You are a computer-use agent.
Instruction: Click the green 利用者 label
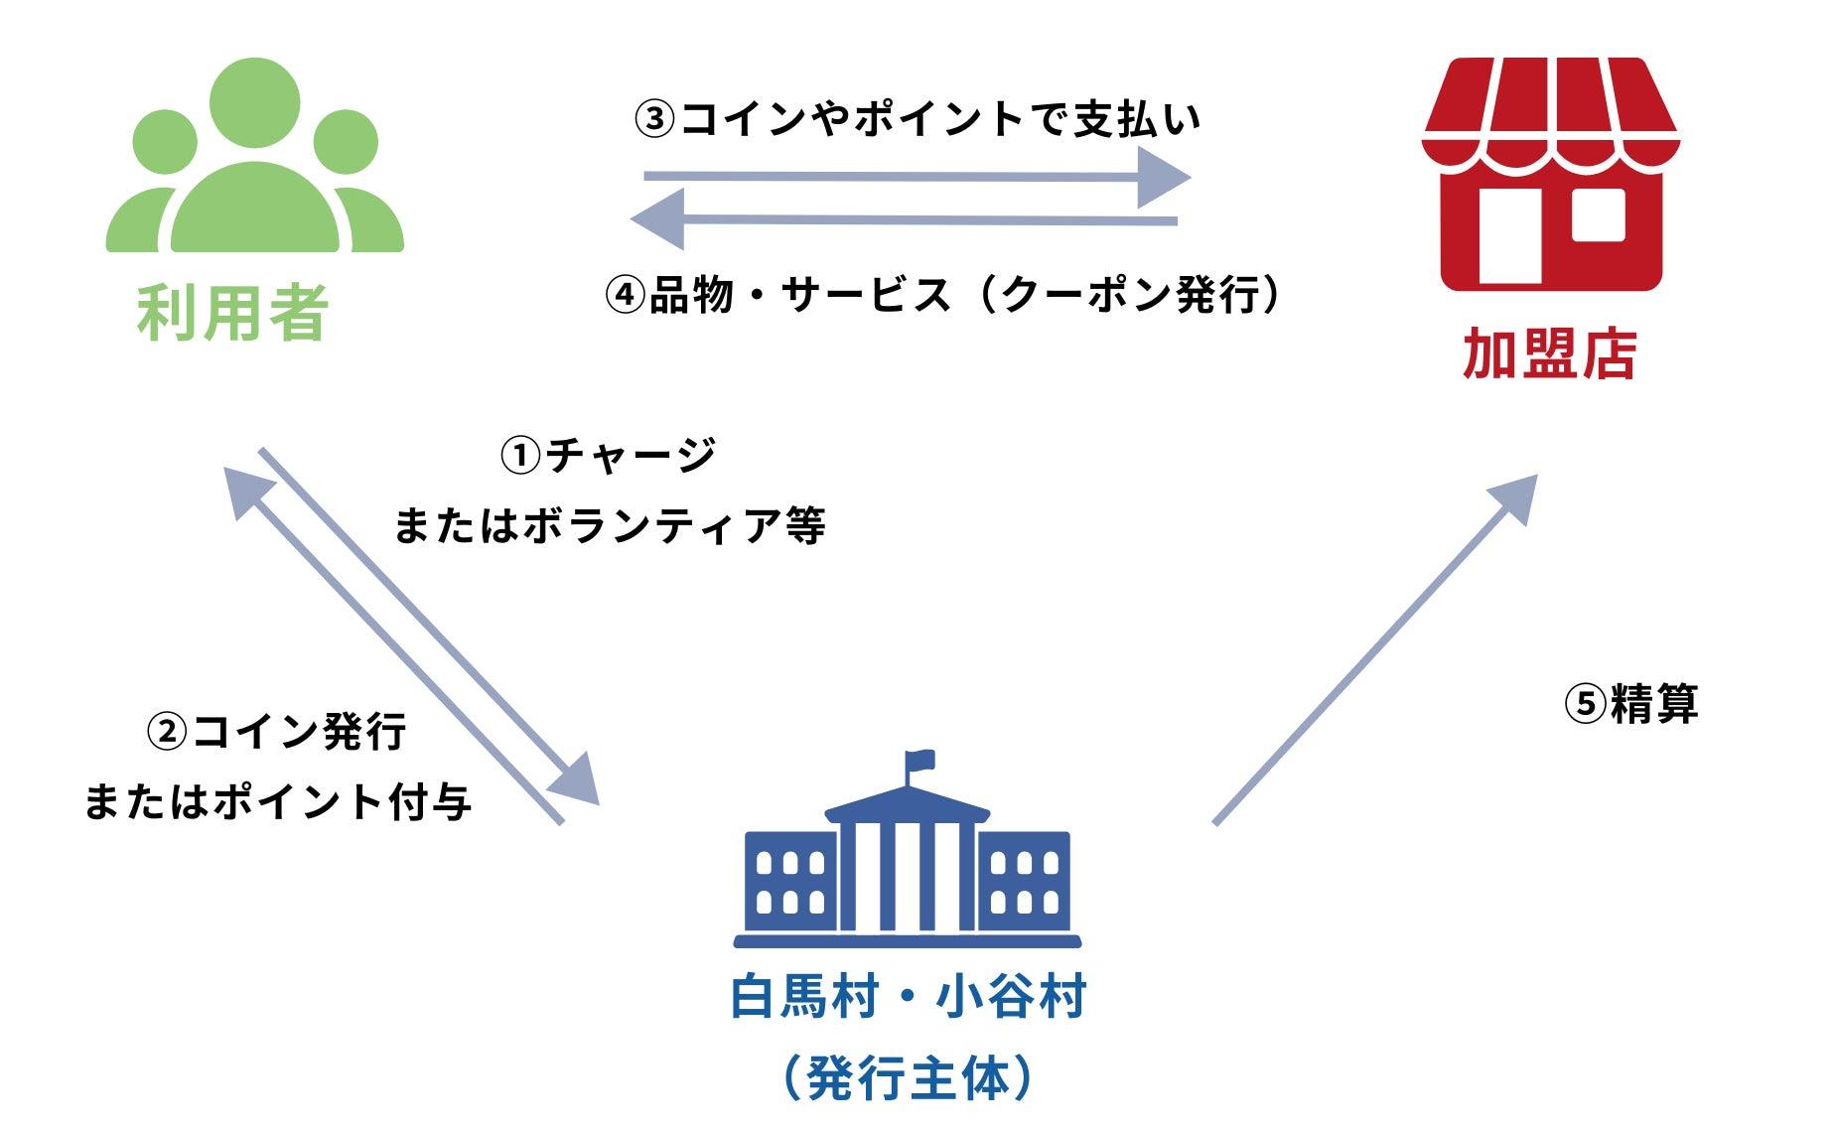232,313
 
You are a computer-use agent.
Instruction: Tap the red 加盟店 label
1549,353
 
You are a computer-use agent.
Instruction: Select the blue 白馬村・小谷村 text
909,997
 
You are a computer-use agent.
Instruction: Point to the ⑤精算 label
1631,704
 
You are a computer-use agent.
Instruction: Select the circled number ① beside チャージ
520,457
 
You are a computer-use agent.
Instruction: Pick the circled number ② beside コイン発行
166,733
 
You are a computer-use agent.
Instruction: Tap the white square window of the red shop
1598,214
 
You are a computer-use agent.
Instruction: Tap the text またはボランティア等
610,526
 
